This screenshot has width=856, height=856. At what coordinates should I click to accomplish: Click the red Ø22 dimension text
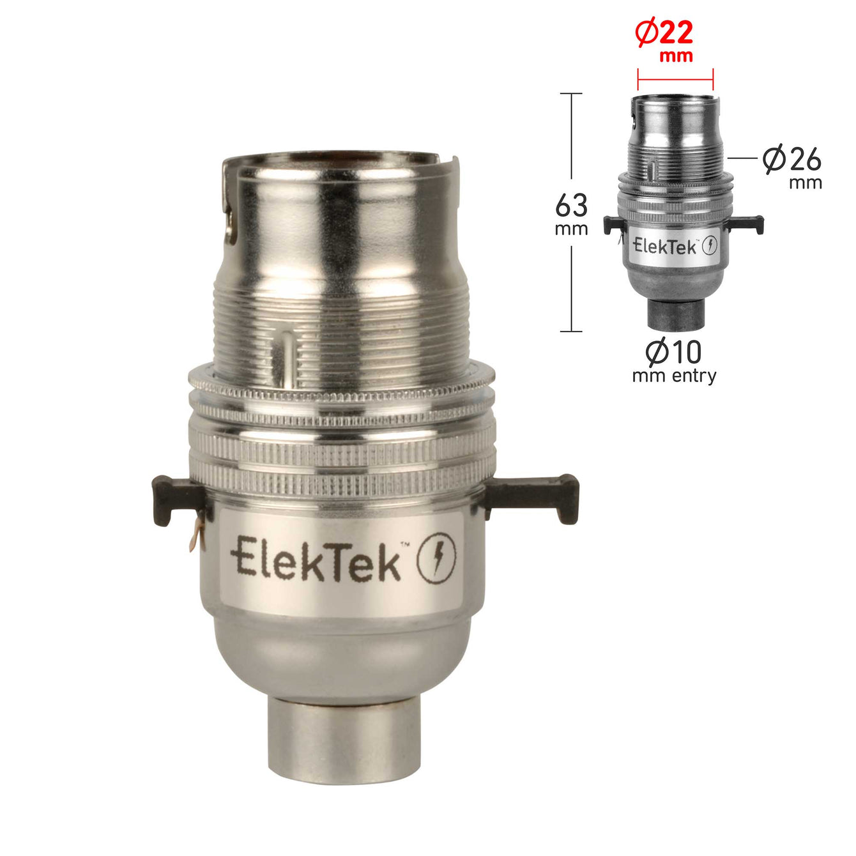click(664, 34)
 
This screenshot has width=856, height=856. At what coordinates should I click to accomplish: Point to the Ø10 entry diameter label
click(673, 351)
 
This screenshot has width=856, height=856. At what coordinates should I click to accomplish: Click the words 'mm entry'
click(674, 376)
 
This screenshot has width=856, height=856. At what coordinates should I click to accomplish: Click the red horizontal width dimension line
click(675, 80)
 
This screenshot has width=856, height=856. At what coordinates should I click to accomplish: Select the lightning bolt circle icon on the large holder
click(436, 558)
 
